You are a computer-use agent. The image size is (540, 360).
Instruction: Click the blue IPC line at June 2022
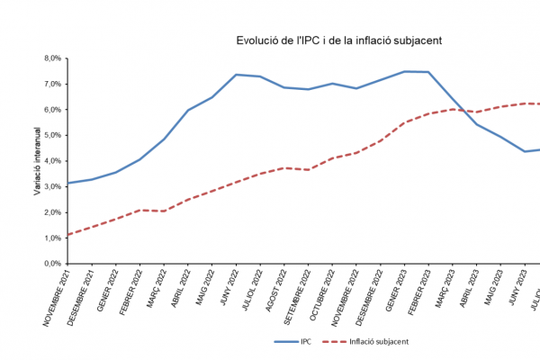(x=236, y=75)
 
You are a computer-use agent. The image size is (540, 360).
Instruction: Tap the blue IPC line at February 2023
(x=428, y=72)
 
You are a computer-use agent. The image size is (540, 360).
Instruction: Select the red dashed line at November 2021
(x=67, y=235)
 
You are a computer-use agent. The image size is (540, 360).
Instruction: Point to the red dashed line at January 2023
(x=404, y=122)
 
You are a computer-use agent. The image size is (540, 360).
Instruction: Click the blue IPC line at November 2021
(x=67, y=183)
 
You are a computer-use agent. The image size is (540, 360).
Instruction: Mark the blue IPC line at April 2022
(x=187, y=110)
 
